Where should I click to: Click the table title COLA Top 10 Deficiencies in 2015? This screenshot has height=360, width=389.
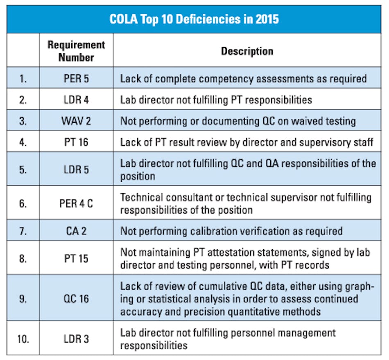[x=194, y=19]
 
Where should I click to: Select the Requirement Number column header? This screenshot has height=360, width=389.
[x=76, y=51]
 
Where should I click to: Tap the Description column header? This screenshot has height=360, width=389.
[x=247, y=51]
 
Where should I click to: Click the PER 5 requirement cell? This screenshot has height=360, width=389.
[x=76, y=79]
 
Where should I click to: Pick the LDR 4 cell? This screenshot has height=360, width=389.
[x=76, y=100]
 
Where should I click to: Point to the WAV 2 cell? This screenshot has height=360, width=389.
[x=76, y=121]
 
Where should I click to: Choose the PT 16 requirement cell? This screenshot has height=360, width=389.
[x=76, y=142]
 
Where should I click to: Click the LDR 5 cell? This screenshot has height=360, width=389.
[x=76, y=169]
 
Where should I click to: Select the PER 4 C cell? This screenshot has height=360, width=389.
[x=76, y=203]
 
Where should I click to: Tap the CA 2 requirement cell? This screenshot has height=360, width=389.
[x=76, y=231]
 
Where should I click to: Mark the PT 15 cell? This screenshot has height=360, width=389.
[x=76, y=258]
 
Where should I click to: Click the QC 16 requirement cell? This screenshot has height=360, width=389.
[x=76, y=298]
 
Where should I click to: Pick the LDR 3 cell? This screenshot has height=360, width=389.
[x=76, y=339]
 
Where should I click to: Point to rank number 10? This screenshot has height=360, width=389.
[x=23, y=339]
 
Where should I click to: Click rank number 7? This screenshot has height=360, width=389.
[x=23, y=231]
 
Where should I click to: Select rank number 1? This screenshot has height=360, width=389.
[x=23, y=79]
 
